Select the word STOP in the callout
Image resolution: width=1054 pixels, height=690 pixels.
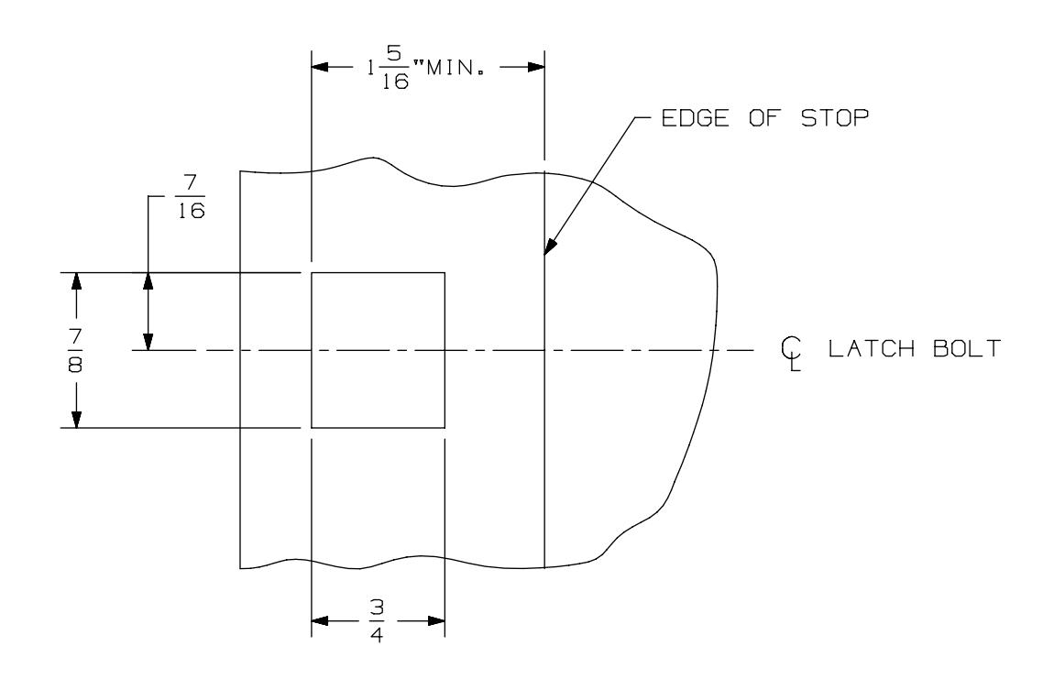coord(835,118)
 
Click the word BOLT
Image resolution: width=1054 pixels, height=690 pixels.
coord(967,349)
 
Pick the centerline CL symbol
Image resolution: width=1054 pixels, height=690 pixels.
coord(791,354)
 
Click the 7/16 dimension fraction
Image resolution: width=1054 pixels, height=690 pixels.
coord(192,198)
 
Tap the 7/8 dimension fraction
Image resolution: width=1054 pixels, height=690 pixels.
coord(75,350)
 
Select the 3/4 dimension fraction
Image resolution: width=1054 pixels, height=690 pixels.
coord(377,620)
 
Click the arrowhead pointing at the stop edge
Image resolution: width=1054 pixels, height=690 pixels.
coord(549,246)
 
